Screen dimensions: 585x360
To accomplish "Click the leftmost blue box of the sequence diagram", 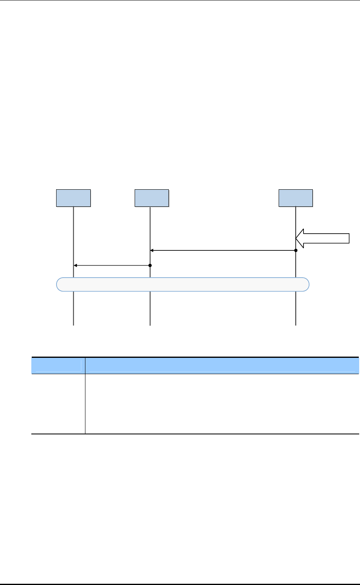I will pyautogui.click(x=73, y=198).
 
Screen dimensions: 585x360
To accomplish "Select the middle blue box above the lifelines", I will pyautogui.click(x=152, y=198).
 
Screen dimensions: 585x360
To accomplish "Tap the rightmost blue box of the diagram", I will pyautogui.click(x=296, y=198).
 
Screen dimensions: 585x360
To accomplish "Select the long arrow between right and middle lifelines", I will pyautogui.click(x=223, y=250).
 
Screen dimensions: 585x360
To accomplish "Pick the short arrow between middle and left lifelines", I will pyautogui.click(x=112, y=265).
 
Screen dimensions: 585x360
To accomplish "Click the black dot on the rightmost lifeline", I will pyautogui.click(x=296, y=250).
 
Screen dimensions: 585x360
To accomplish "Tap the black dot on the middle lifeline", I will pyautogui.click(x=150, y=265).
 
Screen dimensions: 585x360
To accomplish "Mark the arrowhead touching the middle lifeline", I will pyautogui.click(x=152, y=250).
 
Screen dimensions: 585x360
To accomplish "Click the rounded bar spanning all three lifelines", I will pyautogui.click(x=182, y=285).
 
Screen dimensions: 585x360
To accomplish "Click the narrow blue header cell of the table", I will pyautogui.click(x=58, y=365).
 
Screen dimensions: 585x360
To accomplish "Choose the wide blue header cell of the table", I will pyautogui.click(x=222, y=365).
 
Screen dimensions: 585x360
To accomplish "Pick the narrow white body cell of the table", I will pyautogui.click(x=58, y=403).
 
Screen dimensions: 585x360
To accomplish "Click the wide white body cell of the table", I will pyautogui.click(x=222, y=403).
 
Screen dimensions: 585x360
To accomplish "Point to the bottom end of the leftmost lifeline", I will pyautogui.click(x=74, y=325).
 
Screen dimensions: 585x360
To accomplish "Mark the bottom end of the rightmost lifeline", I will pyautogui.click(x=296, y=325).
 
